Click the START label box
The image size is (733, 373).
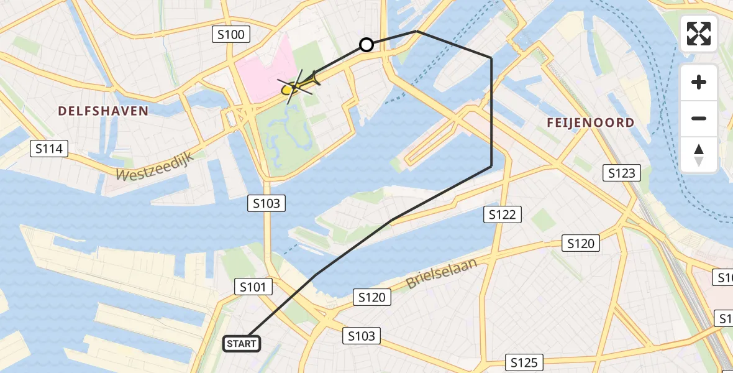241,343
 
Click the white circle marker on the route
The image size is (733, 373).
366,45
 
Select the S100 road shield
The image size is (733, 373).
231,34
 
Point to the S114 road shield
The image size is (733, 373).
49,149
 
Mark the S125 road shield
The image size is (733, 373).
525,362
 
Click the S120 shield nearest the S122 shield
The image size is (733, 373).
581,244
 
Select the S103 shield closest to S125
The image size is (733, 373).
362,336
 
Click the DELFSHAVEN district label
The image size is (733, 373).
103,111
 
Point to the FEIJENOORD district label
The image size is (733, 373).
590,122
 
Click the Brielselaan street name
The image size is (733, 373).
442,273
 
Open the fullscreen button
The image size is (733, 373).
699,34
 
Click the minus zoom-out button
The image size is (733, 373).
699,118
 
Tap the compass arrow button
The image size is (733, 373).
699,154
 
